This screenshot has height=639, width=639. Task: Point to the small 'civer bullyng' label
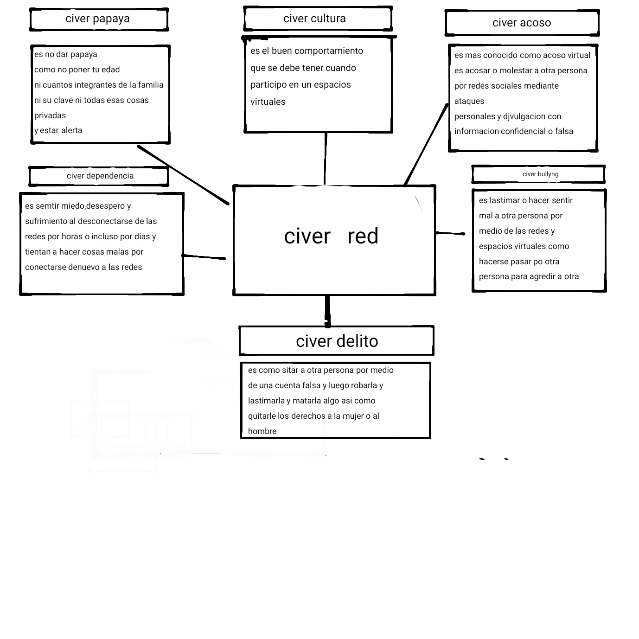[540, 174]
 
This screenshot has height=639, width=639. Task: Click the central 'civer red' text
[331, 236]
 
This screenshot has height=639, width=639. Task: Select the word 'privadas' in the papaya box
[50, 116]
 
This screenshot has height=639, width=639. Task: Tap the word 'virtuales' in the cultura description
[268, 102]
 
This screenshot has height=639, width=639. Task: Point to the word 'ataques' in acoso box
[469, 102]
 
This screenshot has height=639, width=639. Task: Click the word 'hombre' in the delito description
[262, 431]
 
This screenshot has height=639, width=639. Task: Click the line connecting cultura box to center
[326, 159]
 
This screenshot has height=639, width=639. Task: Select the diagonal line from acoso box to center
[426, 145]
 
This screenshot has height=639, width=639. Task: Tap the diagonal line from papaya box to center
[183, 175]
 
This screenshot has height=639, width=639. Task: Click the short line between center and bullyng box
[450, 233]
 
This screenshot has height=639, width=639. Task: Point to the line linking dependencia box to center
[204, 257]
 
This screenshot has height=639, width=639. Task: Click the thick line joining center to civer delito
[327, 311]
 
